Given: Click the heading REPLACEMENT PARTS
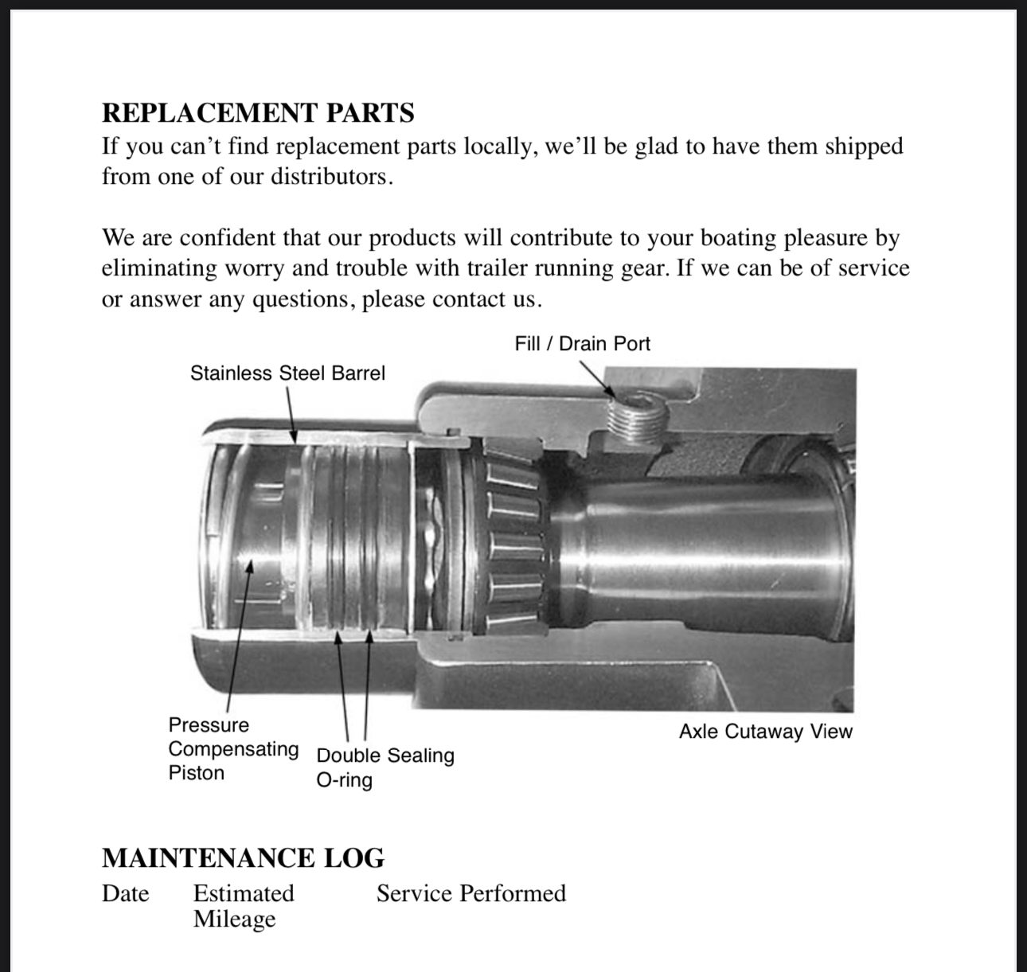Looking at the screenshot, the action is tap(258, 113).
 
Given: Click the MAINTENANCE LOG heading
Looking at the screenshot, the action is tap(243, 857).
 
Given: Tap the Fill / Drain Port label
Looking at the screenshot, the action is tap(582, 344).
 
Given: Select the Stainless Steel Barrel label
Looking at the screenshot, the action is tap(287, 373).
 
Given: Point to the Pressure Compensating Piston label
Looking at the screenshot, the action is tap(232, 748).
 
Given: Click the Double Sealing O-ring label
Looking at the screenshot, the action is tap(385, 767).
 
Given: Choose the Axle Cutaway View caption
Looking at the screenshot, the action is tap(765, 732).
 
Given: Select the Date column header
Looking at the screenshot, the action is tap(125, 893).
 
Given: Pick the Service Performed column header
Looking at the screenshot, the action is tap(471, 893).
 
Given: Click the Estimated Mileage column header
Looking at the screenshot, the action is tap(243, 906).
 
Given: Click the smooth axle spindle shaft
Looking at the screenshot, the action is tap(701, 549).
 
